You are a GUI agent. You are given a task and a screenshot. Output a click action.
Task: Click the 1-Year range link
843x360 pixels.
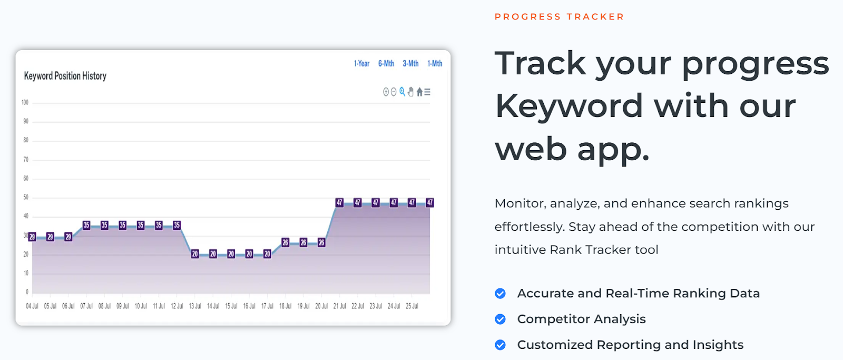[361, 64]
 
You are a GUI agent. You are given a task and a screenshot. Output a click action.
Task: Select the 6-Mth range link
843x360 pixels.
[386, 64]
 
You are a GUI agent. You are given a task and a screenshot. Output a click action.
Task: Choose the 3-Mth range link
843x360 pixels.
[410, 64]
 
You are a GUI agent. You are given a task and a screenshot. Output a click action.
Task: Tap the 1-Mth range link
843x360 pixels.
[435, 64]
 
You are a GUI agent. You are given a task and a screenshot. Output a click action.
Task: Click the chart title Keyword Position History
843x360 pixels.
[65, 76]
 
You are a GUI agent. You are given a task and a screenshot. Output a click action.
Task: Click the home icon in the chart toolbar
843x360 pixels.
[419, 92]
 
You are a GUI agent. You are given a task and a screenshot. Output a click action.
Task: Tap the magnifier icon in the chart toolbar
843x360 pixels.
[403, 92]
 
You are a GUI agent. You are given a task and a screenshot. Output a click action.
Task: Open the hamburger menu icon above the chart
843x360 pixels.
[427, 92]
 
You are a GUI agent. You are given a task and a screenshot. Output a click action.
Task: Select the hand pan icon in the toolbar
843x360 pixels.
[410, 92]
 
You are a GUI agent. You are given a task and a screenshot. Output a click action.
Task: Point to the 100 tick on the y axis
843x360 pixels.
[25, 102]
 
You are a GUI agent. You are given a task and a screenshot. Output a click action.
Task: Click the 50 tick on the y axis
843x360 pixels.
[26, 197]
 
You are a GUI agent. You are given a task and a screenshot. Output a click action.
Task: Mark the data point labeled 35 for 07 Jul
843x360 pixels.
[86, 225]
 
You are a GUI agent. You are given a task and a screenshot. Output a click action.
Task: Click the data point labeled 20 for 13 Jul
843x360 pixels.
[194, 254]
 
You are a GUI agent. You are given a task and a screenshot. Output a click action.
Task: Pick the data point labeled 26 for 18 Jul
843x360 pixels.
[285, 242]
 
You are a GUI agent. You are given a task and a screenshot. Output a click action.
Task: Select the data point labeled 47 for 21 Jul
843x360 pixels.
[339, 202]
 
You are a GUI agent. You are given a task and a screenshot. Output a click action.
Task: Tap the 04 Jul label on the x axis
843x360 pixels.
[32, 306]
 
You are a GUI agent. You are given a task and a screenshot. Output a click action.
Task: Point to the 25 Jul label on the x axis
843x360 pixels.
[411, 306]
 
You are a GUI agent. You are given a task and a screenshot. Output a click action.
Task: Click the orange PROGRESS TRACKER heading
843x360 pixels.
[559, 17]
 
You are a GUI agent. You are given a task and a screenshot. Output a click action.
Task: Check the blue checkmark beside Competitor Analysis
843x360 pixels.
[500, 319]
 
